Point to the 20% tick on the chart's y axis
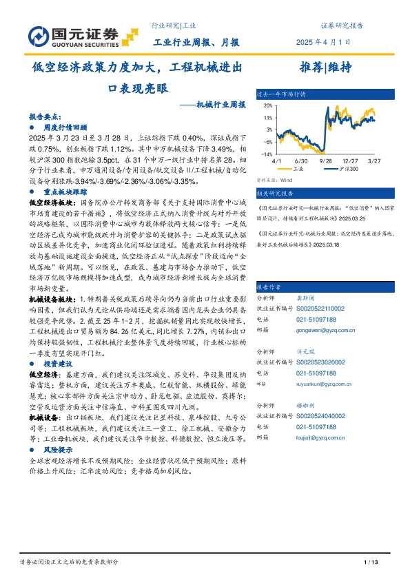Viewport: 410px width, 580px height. pyautogui.click(x=267, y=105)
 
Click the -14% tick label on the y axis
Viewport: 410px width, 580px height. pyautogui.click(x=266, y=155)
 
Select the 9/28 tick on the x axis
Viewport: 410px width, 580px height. pyautogui.click(x=326, y=160)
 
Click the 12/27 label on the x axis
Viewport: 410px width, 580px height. pyautogui.click(x=351, y=160)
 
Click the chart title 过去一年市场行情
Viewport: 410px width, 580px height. pyautogui.click(x=280, y=93)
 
